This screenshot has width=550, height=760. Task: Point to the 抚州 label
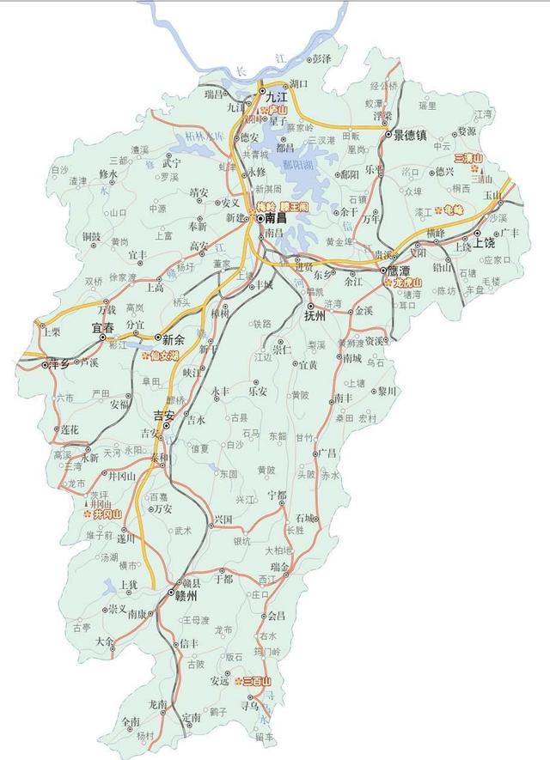click(315, 315)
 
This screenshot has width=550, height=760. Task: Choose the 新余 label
click(174, 338)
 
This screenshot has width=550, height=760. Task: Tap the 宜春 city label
click(102, 327)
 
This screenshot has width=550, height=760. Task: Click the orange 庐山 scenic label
click(278, 110)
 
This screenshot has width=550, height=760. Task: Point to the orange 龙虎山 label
click(406, 282)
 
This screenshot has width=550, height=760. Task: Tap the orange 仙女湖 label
click(163, 354)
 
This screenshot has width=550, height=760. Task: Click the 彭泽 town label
click(321, 58)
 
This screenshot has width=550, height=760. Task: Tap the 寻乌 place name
click(249, 706)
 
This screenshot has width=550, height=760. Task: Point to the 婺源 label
click(466, 131)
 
